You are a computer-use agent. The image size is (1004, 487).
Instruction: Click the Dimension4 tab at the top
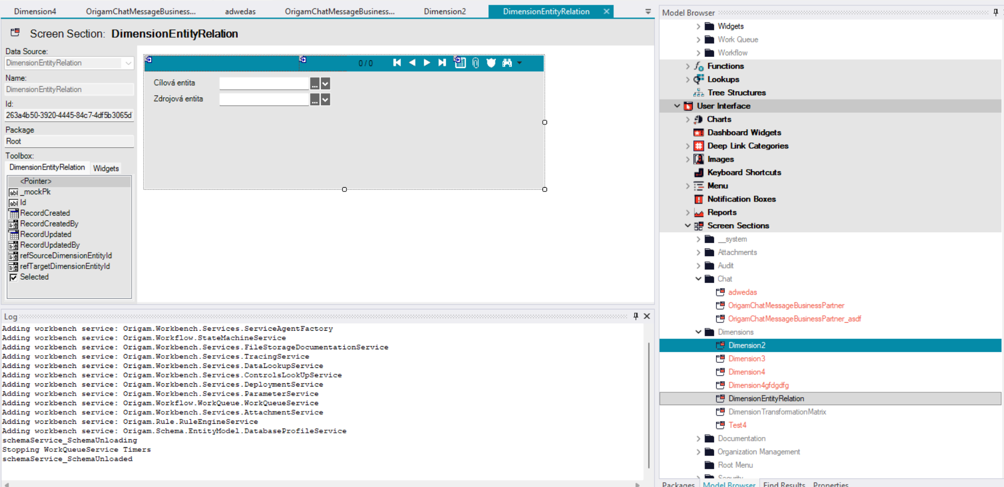[x=35, y=11]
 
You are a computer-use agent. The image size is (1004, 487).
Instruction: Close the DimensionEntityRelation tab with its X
[x=606, y=11]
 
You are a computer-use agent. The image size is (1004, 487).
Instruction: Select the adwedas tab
[x=240, y=11]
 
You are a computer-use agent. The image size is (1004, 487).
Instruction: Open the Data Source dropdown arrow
[x=128, y=63]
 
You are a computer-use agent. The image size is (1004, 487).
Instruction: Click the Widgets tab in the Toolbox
[x=106, y=168]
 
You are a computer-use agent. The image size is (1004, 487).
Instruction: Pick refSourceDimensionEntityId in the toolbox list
[x=66, y=256]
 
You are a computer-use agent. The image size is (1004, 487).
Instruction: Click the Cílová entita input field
[x=264, y=83]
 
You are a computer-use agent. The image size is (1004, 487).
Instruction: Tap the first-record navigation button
[x=397, y=63]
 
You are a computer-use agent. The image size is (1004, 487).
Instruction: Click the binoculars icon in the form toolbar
[x=507, y=63]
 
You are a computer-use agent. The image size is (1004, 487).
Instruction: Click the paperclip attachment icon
[x=476, y=63]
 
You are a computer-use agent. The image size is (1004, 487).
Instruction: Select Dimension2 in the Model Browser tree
[x=746, y=346]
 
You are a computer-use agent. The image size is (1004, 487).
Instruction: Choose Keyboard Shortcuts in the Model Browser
[x=744, y=172]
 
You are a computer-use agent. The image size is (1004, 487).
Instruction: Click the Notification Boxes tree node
[x=741, y=199]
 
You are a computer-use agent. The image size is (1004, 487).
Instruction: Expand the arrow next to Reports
[x=687, y=213]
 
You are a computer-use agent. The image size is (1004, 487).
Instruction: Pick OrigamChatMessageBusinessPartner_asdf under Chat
[x=794, y=319]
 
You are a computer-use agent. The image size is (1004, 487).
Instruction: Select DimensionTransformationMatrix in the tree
[x=777, y=412]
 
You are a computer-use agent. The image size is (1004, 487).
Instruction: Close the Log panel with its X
[x=647, y=316]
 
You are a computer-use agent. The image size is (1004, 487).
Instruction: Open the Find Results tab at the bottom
[x=784, y=484]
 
